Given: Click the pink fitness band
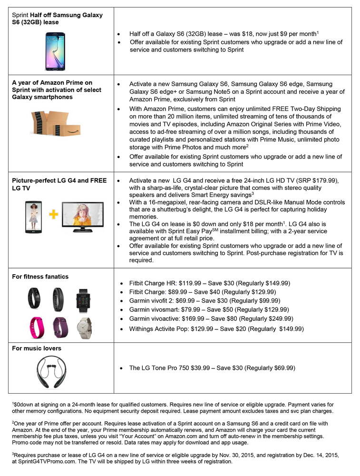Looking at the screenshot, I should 34,327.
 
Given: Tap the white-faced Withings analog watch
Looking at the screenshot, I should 84,327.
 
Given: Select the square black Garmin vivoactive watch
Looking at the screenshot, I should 83,300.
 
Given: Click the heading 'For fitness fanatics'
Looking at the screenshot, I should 40,277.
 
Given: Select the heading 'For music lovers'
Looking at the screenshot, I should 37,348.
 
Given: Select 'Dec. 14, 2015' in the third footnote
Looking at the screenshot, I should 320,455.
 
